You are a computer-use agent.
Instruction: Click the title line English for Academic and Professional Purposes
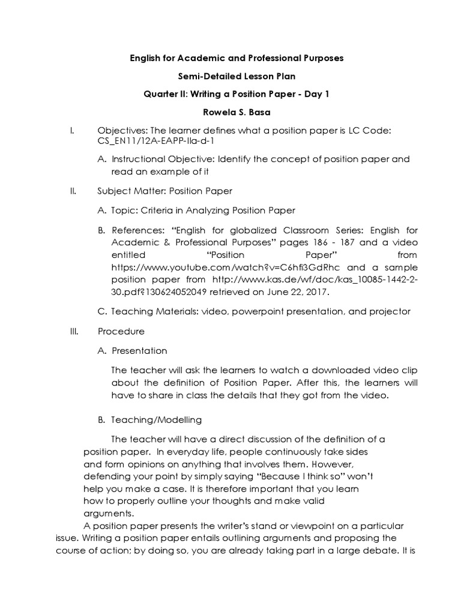click(238, 58)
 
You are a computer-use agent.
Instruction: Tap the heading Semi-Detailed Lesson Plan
click(231, 76)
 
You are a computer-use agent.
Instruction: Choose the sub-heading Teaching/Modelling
click(157, 420)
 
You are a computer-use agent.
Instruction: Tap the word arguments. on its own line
click(108, 513)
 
